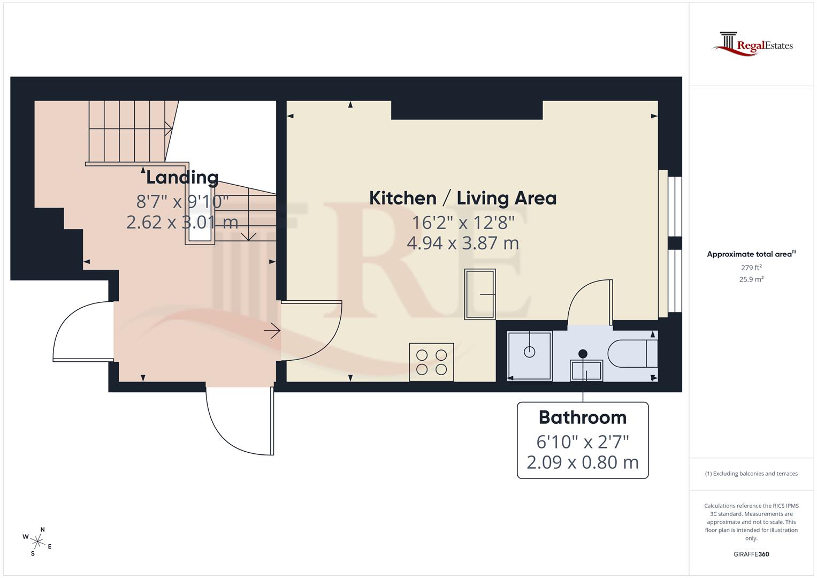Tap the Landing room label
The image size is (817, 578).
(x=182, y=177)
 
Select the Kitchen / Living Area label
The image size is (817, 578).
(x=463, y=199)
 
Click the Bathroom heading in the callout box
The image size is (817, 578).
(x=582, y=417)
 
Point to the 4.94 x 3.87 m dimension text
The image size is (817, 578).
(x=463, y=243)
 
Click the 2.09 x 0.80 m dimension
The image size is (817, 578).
(x=582, y=462)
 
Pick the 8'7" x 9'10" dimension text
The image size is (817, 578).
(x=182, y=201)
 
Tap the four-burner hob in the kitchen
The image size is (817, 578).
(x=431, y=362)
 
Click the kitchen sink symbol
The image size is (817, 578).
(x=480, y=294)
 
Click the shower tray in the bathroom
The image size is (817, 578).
(x=529, y=356)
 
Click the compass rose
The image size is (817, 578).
(x=37, y=541)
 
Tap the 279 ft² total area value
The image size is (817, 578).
(x=751, y=268)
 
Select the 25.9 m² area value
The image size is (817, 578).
(x=751, y=279)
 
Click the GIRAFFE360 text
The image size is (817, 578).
(x=751, y=554)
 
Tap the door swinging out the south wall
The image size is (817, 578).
(x=235, y=428)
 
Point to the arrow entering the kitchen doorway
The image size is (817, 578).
(x=272, y=331)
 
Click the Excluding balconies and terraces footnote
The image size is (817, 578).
(x=751, y=474)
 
